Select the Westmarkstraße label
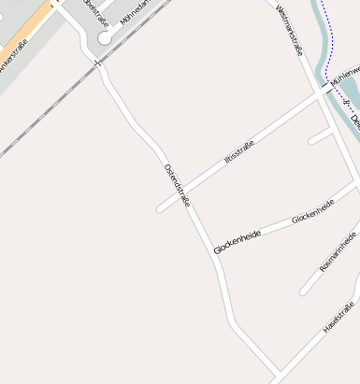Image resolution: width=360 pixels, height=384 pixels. coord(291,29)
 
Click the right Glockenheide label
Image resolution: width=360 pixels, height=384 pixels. coord(312,212)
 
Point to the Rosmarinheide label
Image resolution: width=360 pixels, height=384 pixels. coord(338,250)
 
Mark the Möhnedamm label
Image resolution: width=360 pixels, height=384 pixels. coord(135,14)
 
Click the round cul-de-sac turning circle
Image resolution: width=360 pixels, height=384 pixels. coord(105,38)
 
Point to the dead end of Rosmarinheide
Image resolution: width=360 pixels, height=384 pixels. coord(303,292)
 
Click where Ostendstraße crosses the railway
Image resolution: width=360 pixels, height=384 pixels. coord(97,63)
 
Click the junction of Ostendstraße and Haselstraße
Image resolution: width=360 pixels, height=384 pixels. coord(277,377)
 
